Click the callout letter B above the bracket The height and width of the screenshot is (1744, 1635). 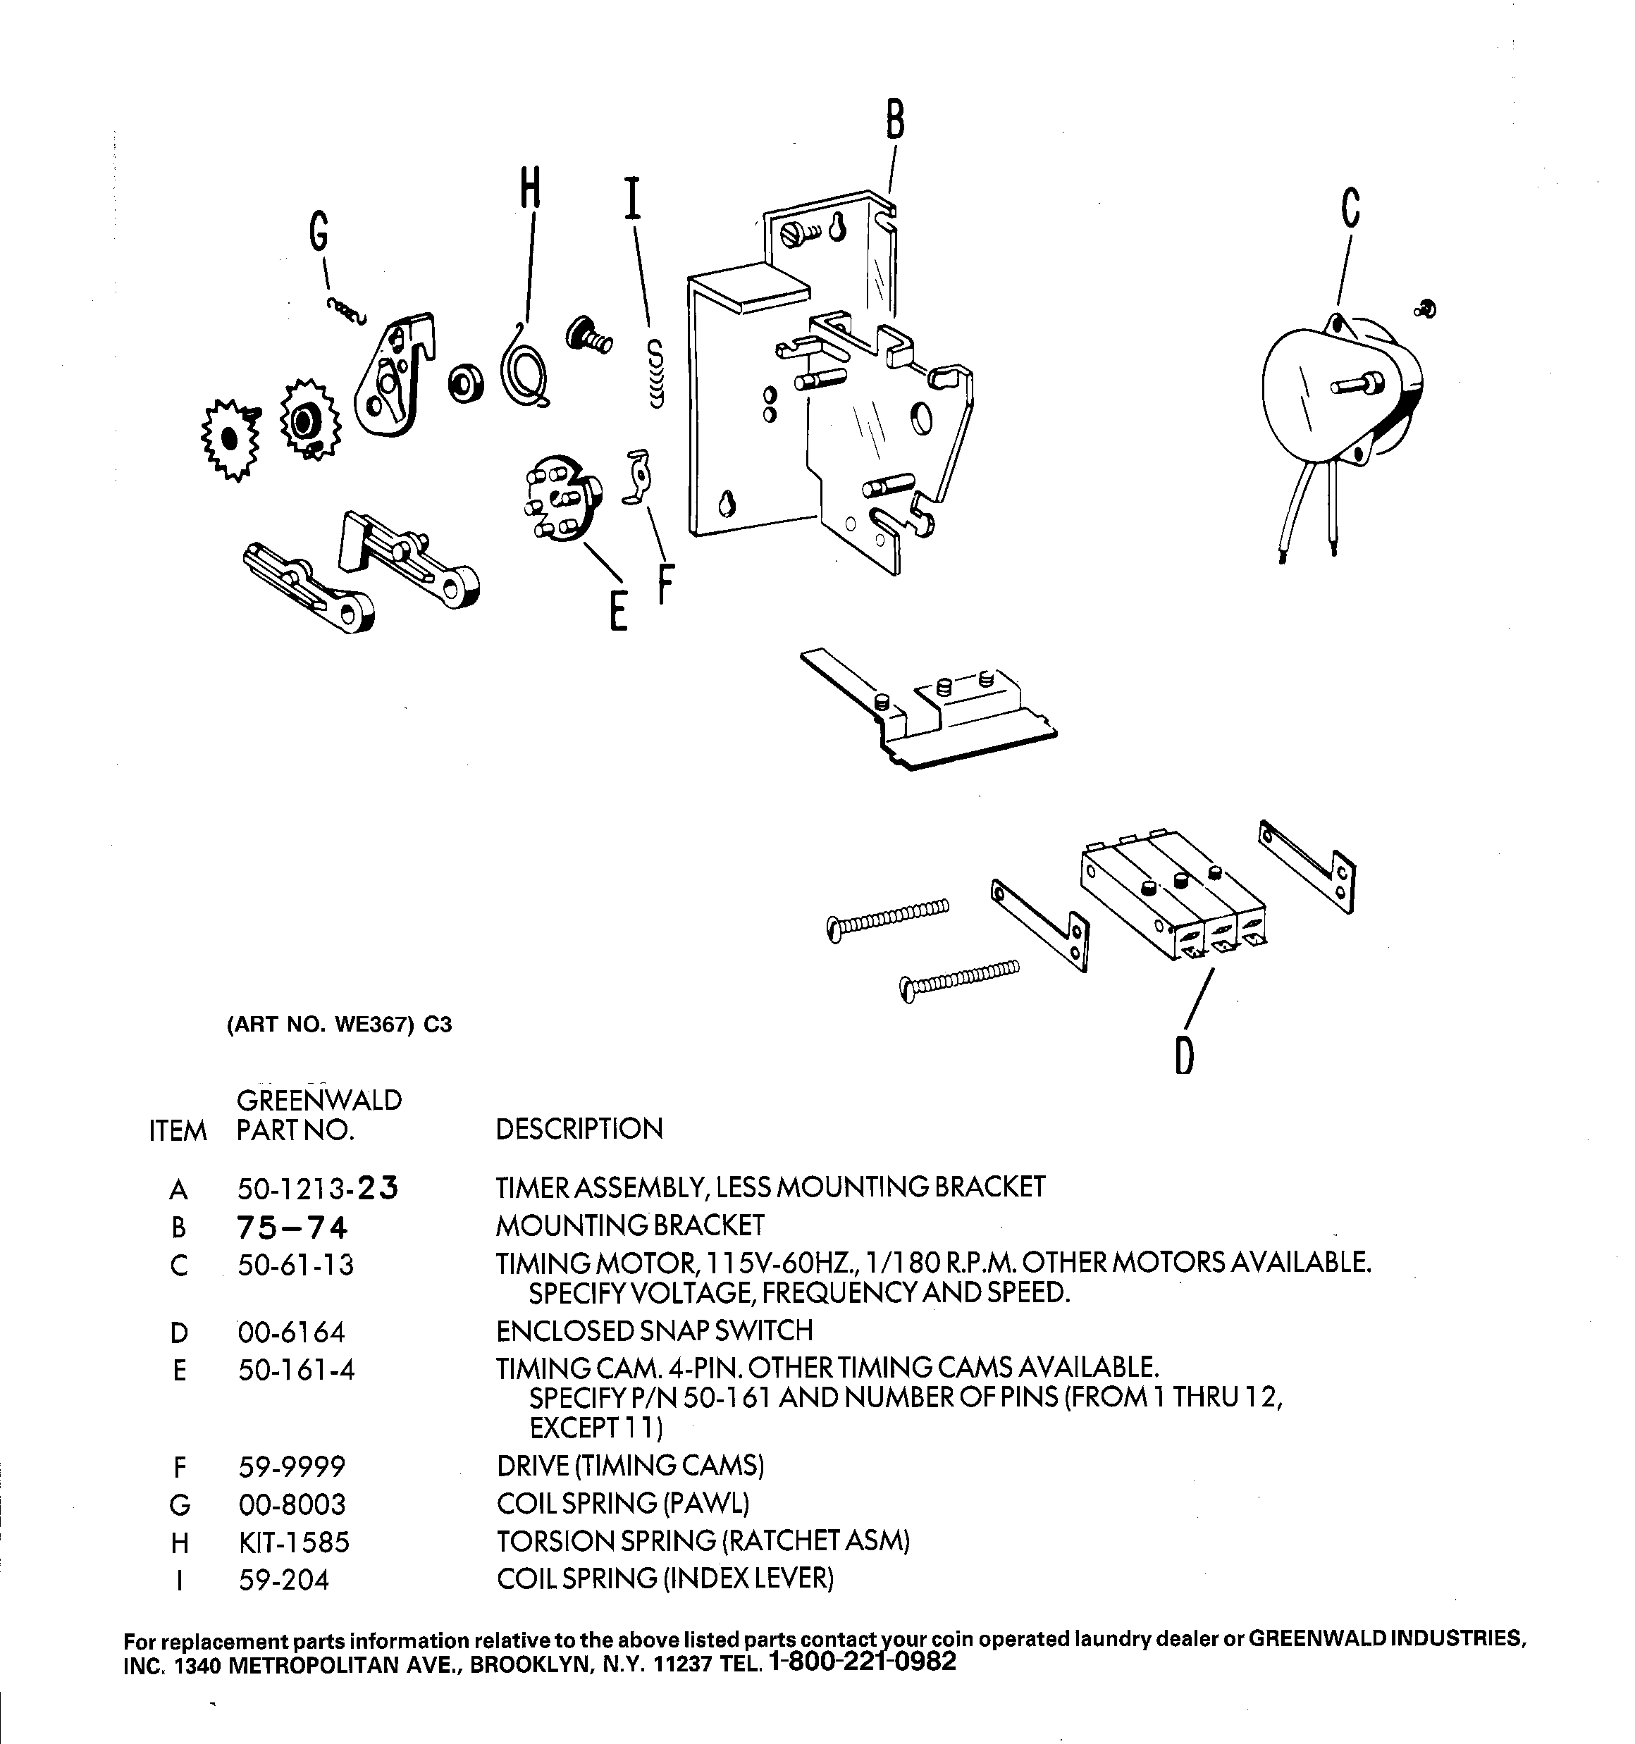[x=894, y=120]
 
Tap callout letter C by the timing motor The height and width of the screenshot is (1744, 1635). [x=1351, y=208]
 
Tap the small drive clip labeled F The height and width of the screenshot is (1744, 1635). [x=640, y=478]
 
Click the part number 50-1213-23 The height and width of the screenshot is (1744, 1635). [x=318, y=1189]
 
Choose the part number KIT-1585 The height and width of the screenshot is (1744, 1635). [x=294, y=1541]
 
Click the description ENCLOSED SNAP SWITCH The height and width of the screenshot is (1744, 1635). [x=655, y=1331]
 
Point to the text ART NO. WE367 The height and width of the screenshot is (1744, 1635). [x=321, y=1025]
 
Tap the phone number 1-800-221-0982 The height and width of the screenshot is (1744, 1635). [x=861, y=1662]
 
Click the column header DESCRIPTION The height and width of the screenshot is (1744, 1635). [x=579, y=1129]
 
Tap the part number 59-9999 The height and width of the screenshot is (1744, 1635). [x=291, y=1466]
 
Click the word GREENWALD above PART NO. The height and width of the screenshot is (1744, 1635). [x=319, y=1100]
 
